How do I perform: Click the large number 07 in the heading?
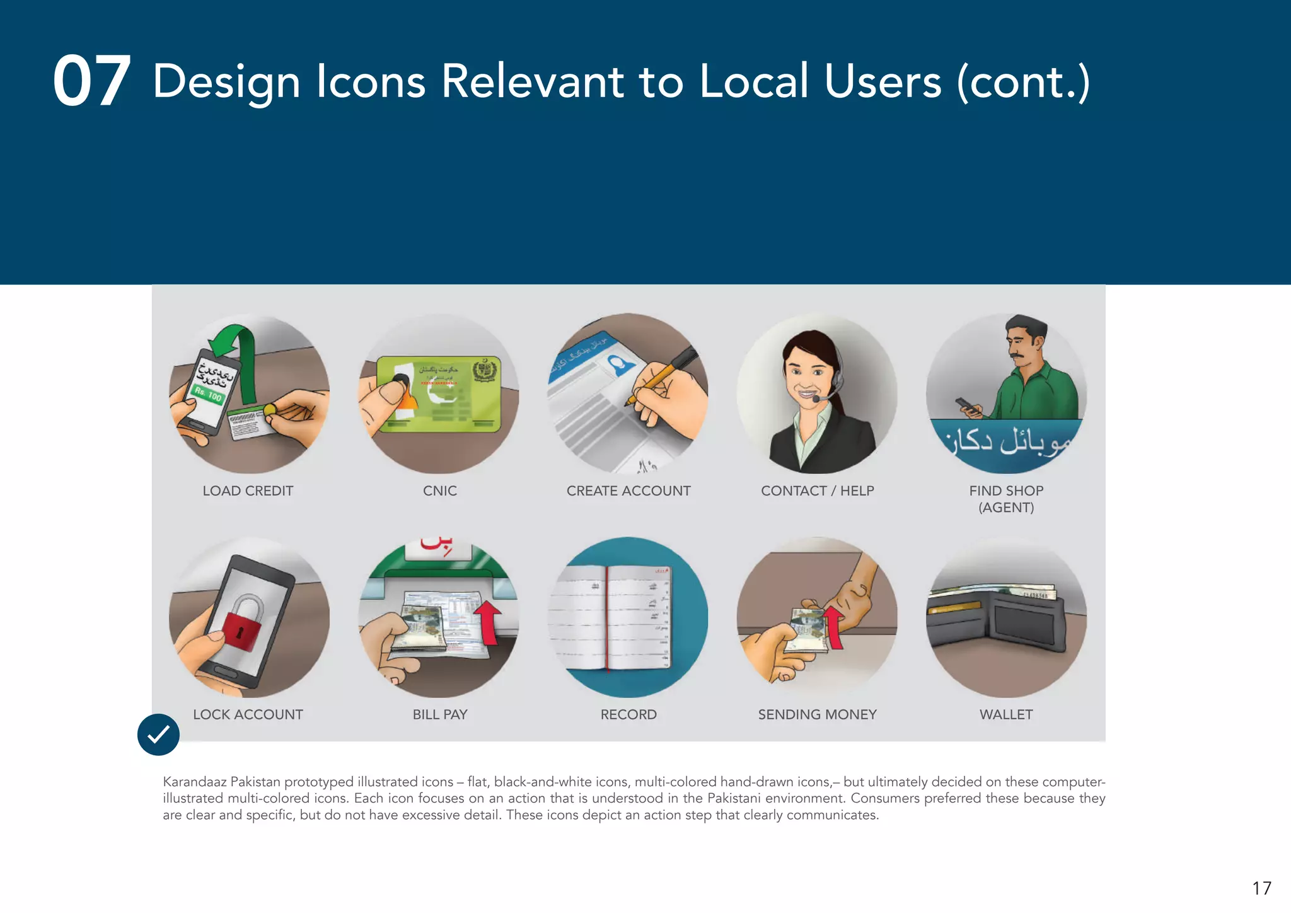[x=91, y=81]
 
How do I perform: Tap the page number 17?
[x=1261, y=888]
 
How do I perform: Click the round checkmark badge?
[x=158, y=735]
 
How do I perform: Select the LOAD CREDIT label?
[x=248, y=491]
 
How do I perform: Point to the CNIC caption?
[x=440, y=491]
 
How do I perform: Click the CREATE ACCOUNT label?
[x=628, y=491]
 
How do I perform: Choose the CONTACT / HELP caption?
[x=817, y=491]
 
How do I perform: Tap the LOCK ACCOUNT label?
[x=248, y=714]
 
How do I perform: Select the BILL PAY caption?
[x=440, y=714]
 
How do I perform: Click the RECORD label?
[x=628, y=714]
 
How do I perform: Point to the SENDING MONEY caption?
[x=817, y=714]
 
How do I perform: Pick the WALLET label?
[x=1006, y=714]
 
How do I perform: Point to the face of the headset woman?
[x=809, y=372]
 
